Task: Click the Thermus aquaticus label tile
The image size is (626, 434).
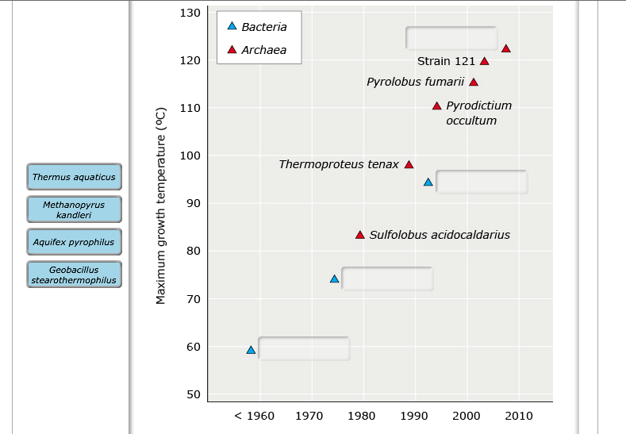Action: click(x=74, y=177)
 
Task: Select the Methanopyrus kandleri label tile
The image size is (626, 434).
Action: click(x=74, y=209)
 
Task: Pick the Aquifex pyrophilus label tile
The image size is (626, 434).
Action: click(x=74, y=242)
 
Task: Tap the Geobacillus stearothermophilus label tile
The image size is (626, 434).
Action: click(x=74, y=275)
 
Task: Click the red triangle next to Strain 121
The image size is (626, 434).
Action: click(x=484, y=61)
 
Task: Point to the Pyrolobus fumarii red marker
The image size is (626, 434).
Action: click(x=474, y=82)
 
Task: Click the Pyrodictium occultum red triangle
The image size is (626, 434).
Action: click(x=436, y=106)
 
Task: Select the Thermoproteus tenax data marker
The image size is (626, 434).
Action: click(x=409, y=165)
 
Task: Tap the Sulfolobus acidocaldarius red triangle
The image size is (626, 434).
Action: click(x=359, y=235)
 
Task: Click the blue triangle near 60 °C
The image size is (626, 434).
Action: click(x=251, y=350)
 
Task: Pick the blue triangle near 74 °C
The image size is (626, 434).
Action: click(x=334, y=278)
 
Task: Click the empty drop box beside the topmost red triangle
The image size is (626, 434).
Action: click(x=451, y=38)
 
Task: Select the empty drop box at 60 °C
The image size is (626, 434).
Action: click(x=304, y=348)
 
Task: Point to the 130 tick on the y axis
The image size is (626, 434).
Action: click(x=190, y=13)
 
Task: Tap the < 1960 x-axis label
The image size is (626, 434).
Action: click(x=255, y=416)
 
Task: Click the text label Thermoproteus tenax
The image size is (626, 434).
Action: click(x=339, y=164)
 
